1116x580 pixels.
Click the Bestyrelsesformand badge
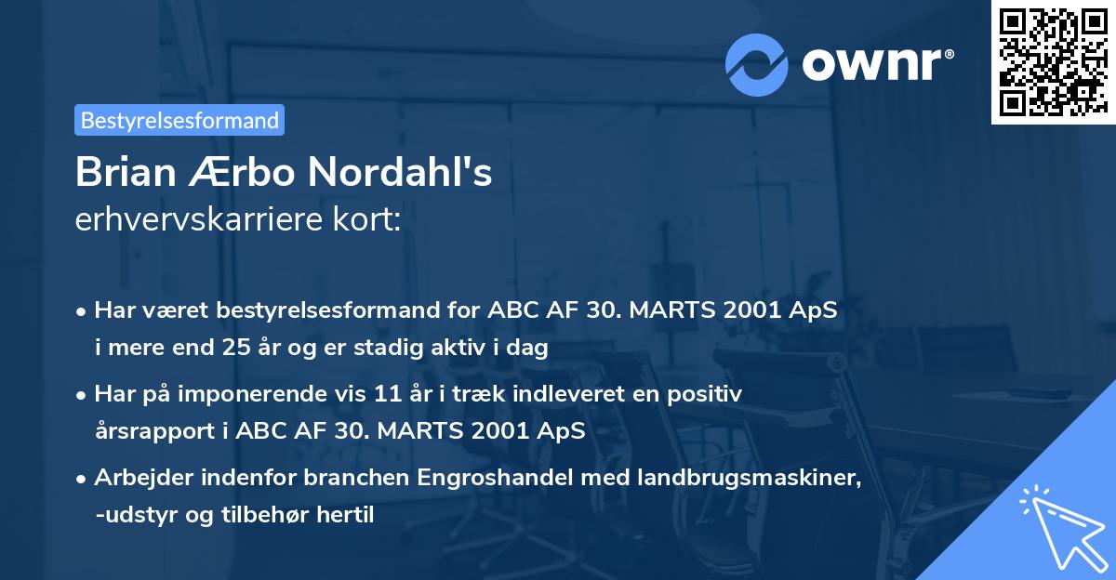pos(179,120)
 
